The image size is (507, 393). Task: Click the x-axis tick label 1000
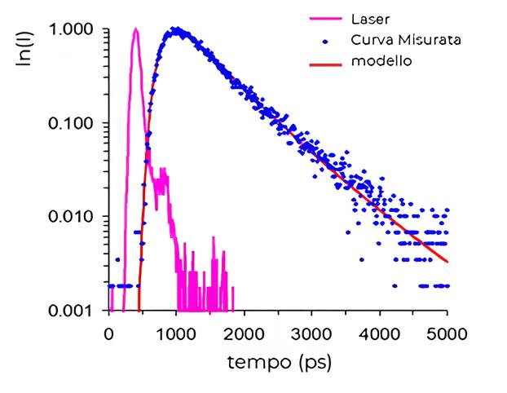click(x=176, y=333)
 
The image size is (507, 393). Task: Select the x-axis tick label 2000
click(x=244, y=333)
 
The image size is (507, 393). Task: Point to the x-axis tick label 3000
click(x=311, y=333)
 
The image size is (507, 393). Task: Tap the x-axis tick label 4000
click(x=379, y=333)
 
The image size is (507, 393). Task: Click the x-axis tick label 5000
click(x=447, y=333)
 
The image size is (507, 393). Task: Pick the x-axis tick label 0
click(x=109, y=333)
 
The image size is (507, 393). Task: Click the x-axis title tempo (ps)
click(x=279, y=359)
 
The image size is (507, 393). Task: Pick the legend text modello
click(x=377, y=61)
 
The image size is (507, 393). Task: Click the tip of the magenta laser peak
click(x=136, y=29)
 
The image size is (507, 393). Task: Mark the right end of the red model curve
click(x=447, y=262)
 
